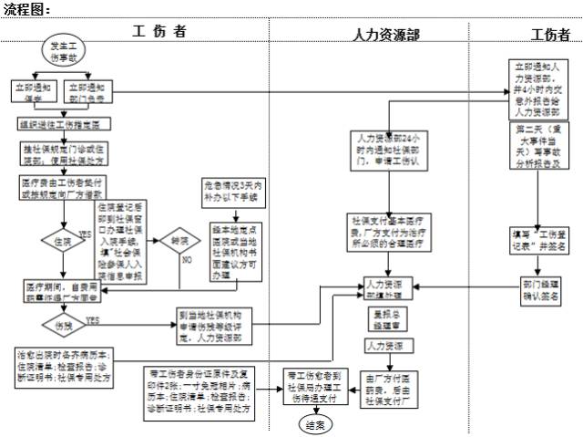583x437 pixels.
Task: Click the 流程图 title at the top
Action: (x=26, y=8)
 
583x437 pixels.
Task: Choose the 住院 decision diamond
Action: (x=64, y=243)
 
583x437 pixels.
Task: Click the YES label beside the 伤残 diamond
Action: (x=93, y=319)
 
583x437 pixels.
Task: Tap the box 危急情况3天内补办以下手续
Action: (x=233, y=193)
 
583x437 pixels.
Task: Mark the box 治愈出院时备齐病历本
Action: (x=65, y=366)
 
